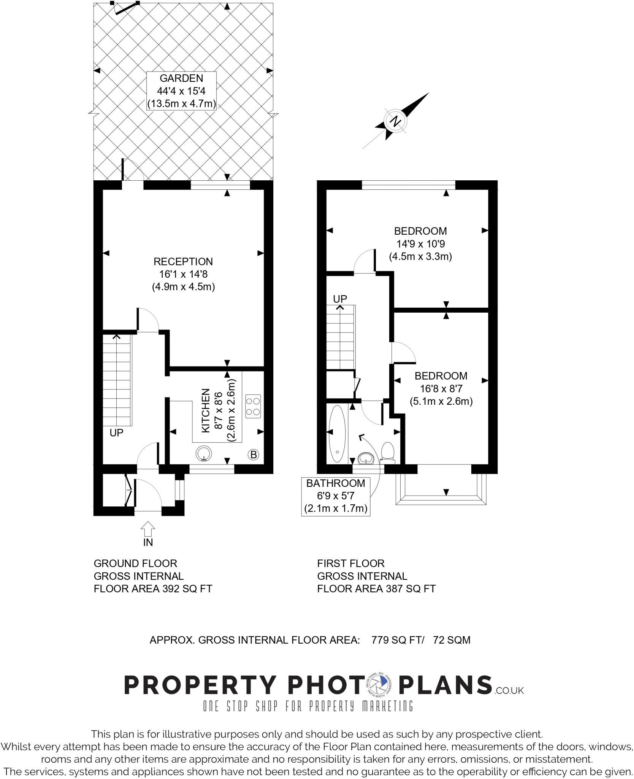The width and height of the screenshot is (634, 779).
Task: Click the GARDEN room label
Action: coord(181,78)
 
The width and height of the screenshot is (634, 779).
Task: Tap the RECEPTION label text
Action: coord(183,262)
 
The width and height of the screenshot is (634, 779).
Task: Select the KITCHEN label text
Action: coord(206,410)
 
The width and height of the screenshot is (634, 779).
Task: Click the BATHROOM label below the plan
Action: coord(336,483)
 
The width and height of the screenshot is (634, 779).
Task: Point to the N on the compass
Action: coord(396,121)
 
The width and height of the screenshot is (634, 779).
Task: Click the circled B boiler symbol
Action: coord(254,454)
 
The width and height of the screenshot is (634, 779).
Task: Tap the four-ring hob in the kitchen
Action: coord(253,406)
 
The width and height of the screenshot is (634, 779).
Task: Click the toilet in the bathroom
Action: coord(388,452)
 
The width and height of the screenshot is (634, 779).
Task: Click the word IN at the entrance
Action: coord(148,543)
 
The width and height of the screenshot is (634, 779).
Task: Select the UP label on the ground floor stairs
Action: coord(116,433)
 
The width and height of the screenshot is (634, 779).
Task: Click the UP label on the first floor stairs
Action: coord(340,299)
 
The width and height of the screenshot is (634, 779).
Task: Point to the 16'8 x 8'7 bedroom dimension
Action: coord(441,389)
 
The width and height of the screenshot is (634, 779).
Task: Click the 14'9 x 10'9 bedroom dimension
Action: coord(420,244)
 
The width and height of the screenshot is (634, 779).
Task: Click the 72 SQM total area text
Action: coord(452,640)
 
